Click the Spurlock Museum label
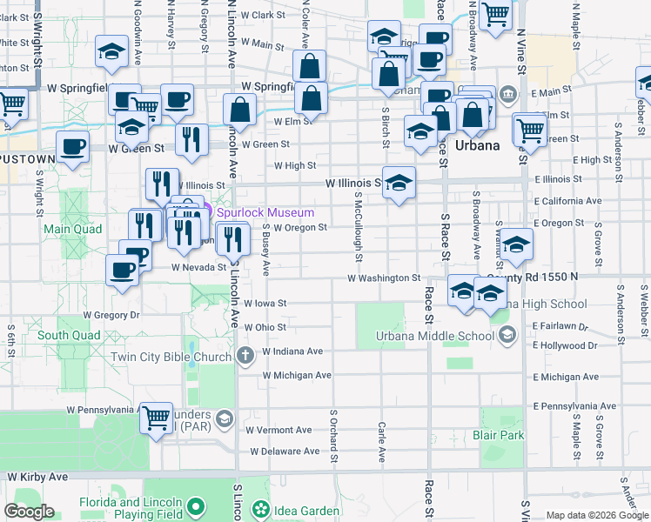(259, 211)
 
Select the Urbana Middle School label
(422, 337)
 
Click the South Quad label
(64, 335)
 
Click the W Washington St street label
(384, 278)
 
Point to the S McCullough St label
(358, 224)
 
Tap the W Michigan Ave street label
(297, 375)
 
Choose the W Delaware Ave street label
(285, 451)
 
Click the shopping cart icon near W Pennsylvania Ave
(156, 418)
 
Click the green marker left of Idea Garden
(259, 508)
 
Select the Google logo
(29, 512)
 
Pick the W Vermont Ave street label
(279, 430)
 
